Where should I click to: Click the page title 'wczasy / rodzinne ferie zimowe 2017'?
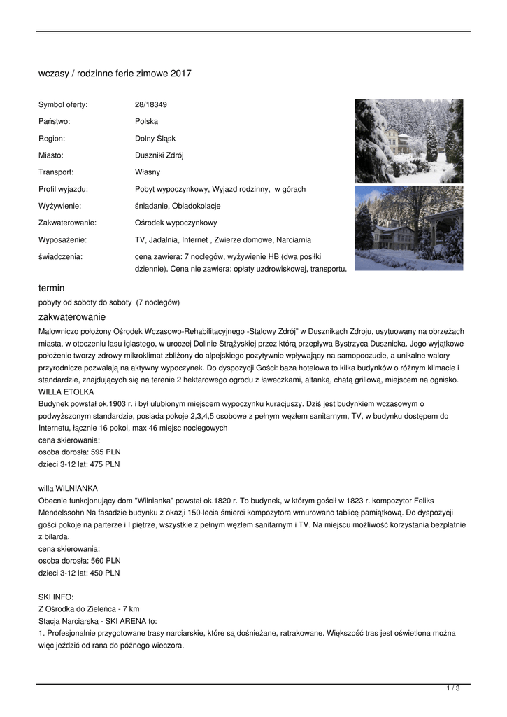tap(115, 74)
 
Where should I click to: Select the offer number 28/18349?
tap(151, 105)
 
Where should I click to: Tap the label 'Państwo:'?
tap(54, 122)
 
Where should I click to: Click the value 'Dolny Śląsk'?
tap(155, 139)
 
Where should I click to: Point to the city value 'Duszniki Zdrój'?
tap(159, 155)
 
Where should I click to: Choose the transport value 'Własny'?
tap(148, 172)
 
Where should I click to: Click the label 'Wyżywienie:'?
tap(59, 206)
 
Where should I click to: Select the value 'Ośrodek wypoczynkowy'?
tap(176, 223)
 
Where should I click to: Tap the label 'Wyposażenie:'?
tap(62, 239)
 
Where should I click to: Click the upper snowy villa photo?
tap(408, 141)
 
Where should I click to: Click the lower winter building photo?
tap(408, 228)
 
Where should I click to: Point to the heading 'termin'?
tap(51, 288)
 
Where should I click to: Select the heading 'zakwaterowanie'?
tap(67, 317)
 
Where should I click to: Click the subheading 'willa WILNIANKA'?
tap(68, 488)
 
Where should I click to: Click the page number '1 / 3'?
tap(452, 689)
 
